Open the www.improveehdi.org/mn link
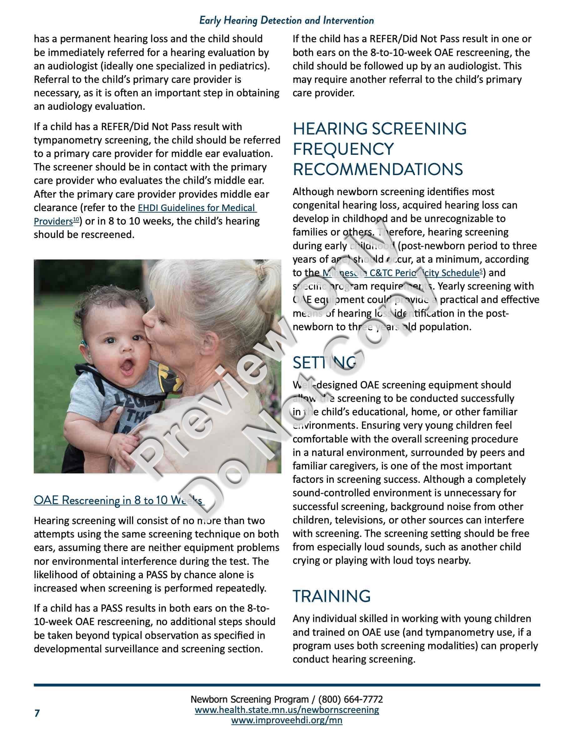pyautogui.click(x=287, y=720)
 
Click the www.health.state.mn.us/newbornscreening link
pyautogui.click(x=287, y=710)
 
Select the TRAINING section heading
pyautogui.click(x=331, y=596)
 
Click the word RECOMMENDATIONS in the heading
pyautogui.click(x=378, y=169)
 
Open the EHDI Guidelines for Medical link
pyautogui.click(x=197, y=208)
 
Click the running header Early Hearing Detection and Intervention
pyautogui.click(x=286, y=20)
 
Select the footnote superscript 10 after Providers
pyautogui.click(x=76, y=220)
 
